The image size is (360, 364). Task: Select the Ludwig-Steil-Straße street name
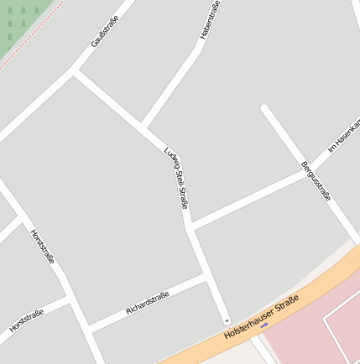177,178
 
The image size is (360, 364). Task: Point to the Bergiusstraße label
316,179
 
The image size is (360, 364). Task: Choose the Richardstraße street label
147,303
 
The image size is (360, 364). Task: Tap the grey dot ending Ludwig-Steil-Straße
227,320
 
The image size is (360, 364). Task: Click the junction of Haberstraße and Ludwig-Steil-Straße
143,127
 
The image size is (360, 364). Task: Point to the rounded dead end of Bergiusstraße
265,108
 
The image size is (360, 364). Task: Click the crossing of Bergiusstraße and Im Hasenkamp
307,172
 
